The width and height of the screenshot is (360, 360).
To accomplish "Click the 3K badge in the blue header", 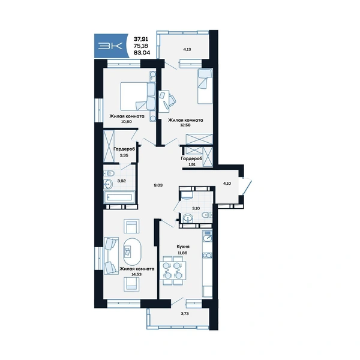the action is coord(110,46).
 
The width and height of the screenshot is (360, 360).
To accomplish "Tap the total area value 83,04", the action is coord(142,53).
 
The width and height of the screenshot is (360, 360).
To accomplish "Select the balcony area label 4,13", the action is coord(188,49).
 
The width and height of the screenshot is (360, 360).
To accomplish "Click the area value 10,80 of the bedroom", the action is coord(126,122).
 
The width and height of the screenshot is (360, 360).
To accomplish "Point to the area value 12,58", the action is coord(185,125).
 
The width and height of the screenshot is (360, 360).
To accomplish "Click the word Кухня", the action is coord(183,247).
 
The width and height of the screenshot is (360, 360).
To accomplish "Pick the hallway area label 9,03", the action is coord(158,185).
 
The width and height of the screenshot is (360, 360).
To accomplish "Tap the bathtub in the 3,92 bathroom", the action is coord(118,197).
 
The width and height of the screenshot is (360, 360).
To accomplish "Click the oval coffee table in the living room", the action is coord(132,251).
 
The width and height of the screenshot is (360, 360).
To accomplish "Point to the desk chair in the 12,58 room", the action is coord(172,101).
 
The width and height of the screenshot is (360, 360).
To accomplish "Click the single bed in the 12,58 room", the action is coord(205,86).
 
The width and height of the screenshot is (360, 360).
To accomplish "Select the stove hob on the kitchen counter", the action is coord(208,256).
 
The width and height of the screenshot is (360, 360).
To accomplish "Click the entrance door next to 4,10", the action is coord(247,187).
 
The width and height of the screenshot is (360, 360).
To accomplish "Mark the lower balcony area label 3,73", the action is coord(185,314).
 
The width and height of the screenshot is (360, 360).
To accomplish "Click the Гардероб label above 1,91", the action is coord(192,158).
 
